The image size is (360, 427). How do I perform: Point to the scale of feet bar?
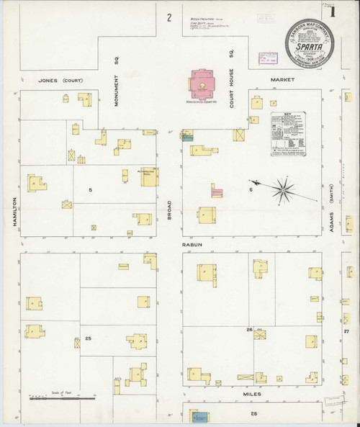click(x=61, y=397)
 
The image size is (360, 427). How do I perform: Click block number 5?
click(x=90, y=190)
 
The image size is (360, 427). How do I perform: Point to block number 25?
click(x=88, y=338)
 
